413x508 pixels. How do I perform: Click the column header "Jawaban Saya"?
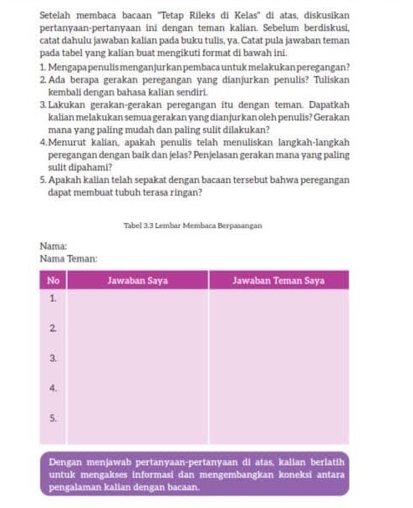[x=137, y=281]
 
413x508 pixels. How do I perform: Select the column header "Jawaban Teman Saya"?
[x=278, y=281]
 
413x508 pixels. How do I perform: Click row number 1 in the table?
[x=53, y=297]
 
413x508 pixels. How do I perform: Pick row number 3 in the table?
[x=53, y=358]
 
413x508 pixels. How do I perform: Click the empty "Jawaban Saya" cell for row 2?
[x=137, y=328]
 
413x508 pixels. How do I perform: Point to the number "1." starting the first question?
[x=42, y=66]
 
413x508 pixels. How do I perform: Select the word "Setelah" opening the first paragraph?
[x=57, y=16]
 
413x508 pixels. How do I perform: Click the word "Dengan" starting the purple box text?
[x=65, y=460]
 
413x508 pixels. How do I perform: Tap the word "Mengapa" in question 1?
[x=63, y=66]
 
